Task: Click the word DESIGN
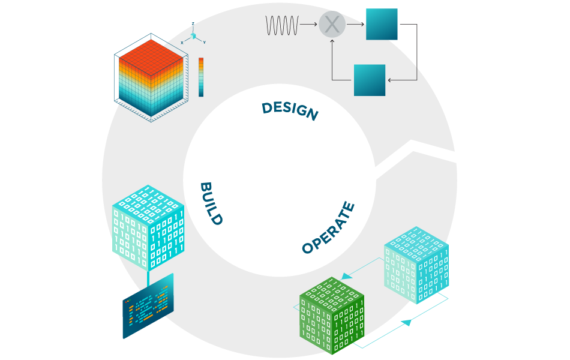289,110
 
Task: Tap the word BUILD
211,203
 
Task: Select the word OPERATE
328,228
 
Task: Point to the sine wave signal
282,25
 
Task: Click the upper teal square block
382,24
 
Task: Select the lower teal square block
370,80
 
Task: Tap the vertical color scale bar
201,77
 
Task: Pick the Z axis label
193,23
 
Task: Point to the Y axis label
205,43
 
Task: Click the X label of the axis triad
182,43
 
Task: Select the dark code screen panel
148,306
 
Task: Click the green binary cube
332,314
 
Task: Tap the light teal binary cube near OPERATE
415,265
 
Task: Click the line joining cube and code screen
148,277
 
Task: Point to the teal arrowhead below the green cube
406,323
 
